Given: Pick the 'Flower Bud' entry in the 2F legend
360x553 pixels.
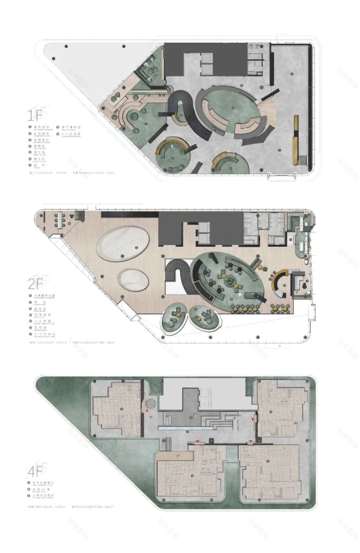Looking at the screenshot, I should coord(40,303).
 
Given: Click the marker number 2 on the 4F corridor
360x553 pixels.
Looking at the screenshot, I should coord(187,432).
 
